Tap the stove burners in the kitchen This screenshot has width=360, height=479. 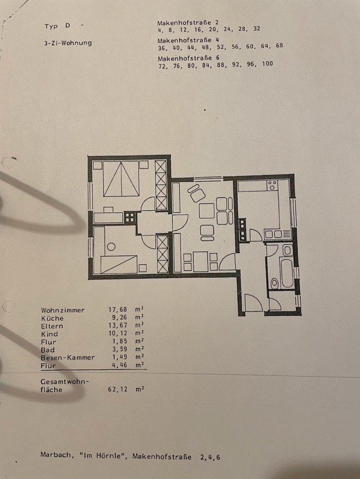pos(273,184)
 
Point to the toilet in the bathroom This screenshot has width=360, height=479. pos(274,283)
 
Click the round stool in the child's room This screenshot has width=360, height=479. pos(111,247)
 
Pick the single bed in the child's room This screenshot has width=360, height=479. pos(119,264)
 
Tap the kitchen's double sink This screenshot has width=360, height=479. pos(276,234)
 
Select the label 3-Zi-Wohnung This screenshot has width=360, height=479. pos(68,43)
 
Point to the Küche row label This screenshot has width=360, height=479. pos(52,318)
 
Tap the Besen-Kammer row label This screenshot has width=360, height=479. pos(68,357)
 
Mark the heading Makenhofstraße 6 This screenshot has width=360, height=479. pos(188,58)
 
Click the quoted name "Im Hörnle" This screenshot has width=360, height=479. pos(105,456)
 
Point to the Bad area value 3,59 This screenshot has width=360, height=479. pos(118,350)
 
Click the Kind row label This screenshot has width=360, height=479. pos(49,334)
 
